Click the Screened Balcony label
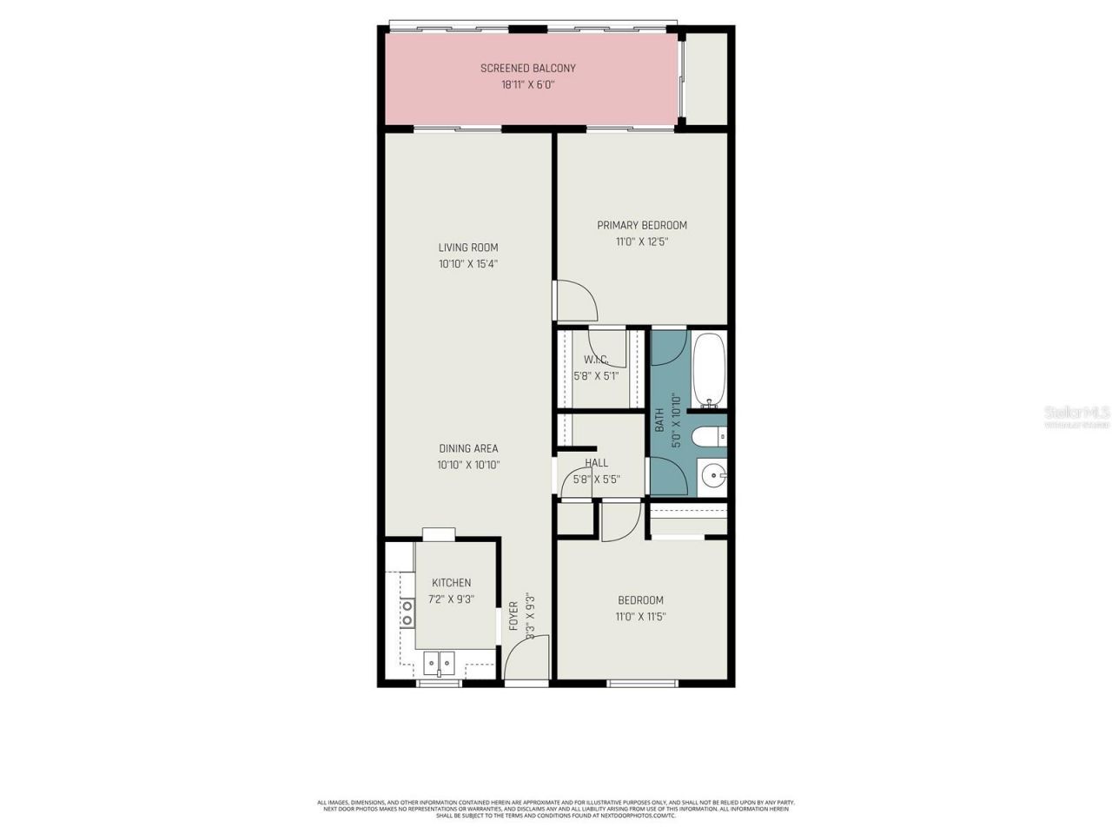(x=528, y=68)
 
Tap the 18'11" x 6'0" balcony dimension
(x=528, y=85)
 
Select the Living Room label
(x=468, y=248)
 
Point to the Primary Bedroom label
(x=642, y=225)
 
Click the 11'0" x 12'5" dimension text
(x=642, y=242)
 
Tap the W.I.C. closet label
(x=595, y=360)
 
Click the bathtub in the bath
(x=710, y=371)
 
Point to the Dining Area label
(x=468, y=448)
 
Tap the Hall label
(x=597, y=463)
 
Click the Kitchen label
(x=452, y=583)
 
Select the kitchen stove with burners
(x=406, y=612)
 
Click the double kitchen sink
(x=439, y=664)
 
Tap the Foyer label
(x=513, y=616)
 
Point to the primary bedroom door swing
(x=576, y=301)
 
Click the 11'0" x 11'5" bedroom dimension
(x=641, y=617)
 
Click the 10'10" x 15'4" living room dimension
(x=468, y=264)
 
